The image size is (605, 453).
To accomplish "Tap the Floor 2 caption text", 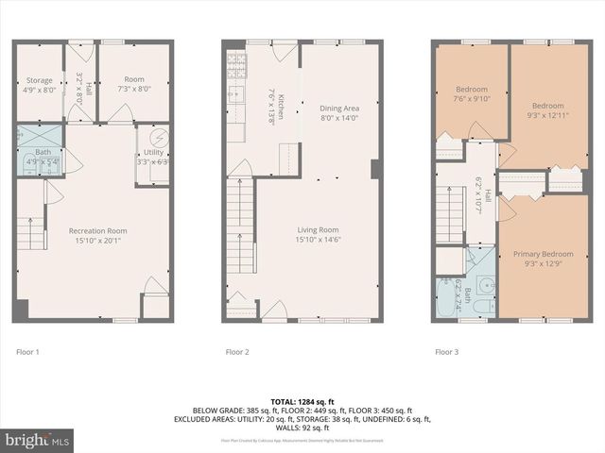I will (237, 352).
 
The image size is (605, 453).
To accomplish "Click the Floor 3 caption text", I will (446, 352).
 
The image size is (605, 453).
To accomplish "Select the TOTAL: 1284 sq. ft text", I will (302, 401).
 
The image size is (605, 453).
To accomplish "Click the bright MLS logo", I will (37, 440).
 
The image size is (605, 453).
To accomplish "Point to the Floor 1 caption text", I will (28, 352).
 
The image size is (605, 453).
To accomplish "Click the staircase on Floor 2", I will (240, 226).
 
